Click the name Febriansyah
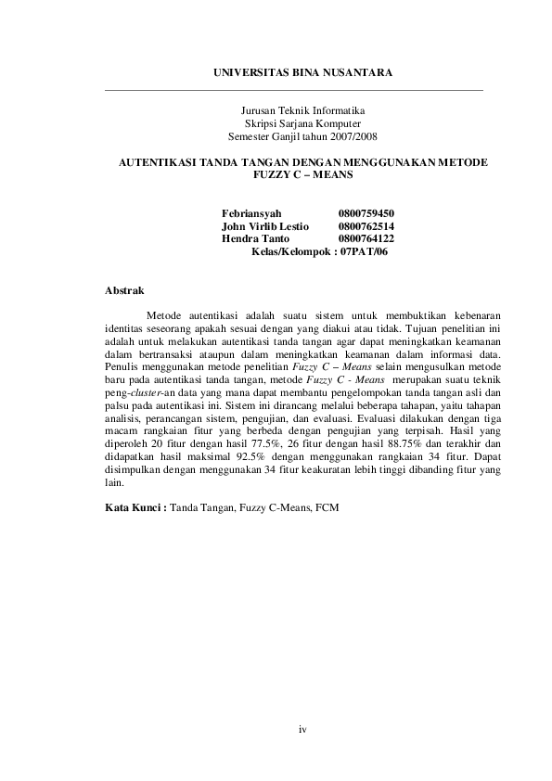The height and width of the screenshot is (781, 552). tap(250, 213)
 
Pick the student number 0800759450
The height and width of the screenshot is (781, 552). tap(366, 213)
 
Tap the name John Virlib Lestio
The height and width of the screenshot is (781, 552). tap(265, 226)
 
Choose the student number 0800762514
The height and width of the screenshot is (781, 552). tap(366, 226)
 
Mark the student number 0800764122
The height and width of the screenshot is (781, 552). tap(366, 239)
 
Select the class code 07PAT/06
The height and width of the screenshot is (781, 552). tap(364, 252)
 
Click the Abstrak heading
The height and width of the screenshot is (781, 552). tap(124, 291)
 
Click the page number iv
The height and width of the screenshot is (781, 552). tap(302, 729)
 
